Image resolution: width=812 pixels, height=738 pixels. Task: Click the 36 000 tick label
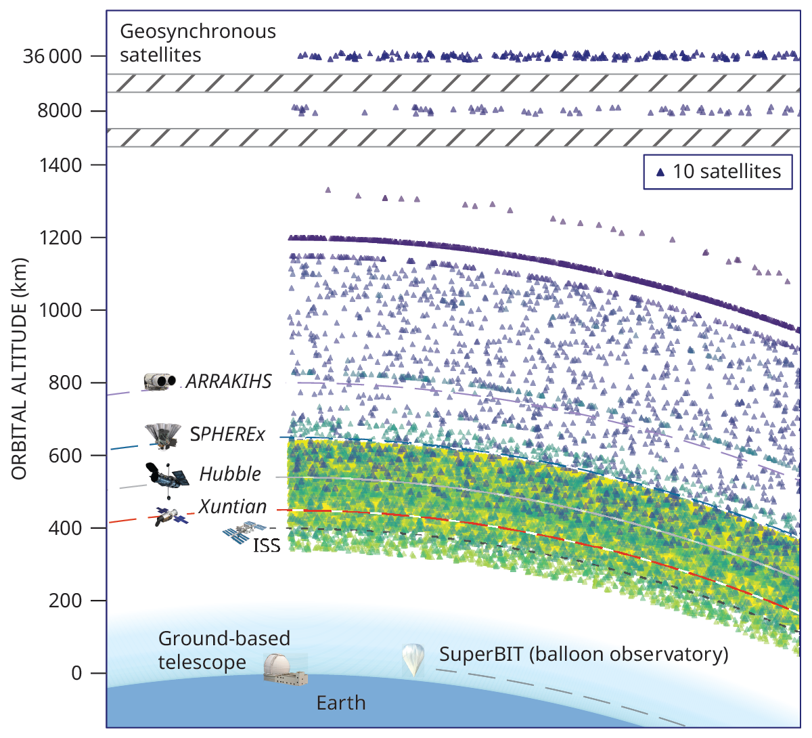click(x=52, y=56)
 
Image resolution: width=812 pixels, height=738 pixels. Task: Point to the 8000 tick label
click(x=60, y=111)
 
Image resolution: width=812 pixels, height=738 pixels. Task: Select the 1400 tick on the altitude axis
click(x=60, y=165)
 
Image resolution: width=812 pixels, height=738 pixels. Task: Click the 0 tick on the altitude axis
click(x=76, y=674)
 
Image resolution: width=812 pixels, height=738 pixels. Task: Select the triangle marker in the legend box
click(x=660, y=172)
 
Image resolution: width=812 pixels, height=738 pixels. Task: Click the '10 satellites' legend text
click(x=727, y=171)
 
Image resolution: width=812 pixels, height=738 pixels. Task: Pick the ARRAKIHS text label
click(x=229, y=381)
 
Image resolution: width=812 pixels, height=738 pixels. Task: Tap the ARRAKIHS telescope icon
click(x=160, y=381)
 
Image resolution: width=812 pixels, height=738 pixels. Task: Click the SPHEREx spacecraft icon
click(x=162, y=435)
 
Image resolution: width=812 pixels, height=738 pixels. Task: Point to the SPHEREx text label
click(x=227, y=434)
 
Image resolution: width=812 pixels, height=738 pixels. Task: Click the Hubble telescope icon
click(x=165, y=475)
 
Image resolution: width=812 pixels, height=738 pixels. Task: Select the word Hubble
click(x=230, y=474)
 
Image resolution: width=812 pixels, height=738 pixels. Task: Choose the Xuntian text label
click(x=233, y=506)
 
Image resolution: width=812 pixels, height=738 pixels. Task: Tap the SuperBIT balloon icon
click(x=413, y=659)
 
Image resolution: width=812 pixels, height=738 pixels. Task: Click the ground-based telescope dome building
click(x=284, y=669)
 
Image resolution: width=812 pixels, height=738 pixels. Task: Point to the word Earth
click(x=341, y=703)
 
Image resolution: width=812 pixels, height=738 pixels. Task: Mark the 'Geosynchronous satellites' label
click(x=198, y=43)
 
